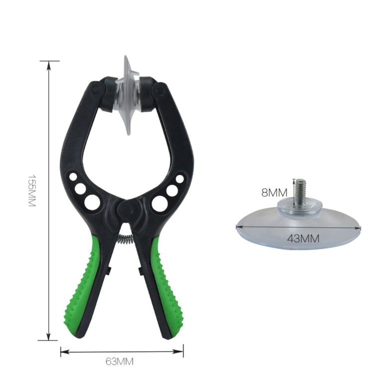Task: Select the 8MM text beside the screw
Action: click(274, 192)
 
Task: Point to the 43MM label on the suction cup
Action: click(303, 238)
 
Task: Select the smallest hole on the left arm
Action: click(73, 177)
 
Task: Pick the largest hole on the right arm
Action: click(160, 202)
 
